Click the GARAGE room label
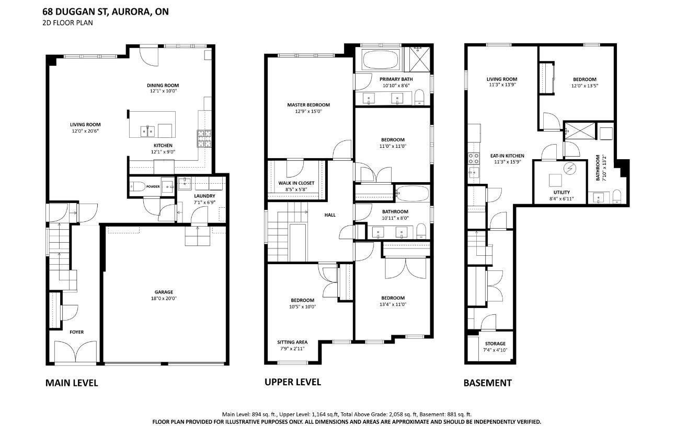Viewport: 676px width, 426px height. [x=164, y=292]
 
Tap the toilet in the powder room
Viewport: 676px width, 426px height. [x=138, y=187]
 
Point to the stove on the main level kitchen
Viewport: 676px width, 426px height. [x=204, y=138]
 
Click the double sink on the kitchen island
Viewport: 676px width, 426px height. [x=147, y=132]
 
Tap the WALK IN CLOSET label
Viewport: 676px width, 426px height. [x=296, y=183]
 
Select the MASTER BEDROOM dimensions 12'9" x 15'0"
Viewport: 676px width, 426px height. [x=308, y=111]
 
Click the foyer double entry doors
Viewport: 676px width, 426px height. [x=75, y=351]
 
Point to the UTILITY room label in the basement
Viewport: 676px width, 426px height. [x=562, y=192]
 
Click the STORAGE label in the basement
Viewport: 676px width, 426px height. [x=495, y=344]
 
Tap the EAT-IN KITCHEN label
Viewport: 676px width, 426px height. [x=507, y=156]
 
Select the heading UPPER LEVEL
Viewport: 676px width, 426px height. [x=292, y=382]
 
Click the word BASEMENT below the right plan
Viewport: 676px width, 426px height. [x=487, y=383]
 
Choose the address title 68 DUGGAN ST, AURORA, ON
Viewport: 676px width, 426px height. [x=106, y=12]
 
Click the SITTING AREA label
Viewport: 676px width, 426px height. [x=292, y=342]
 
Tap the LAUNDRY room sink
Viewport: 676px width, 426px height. [x=185, y=183]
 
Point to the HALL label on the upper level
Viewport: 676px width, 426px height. [x=330, y=215]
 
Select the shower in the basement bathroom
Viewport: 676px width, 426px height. [x=580, y=131]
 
